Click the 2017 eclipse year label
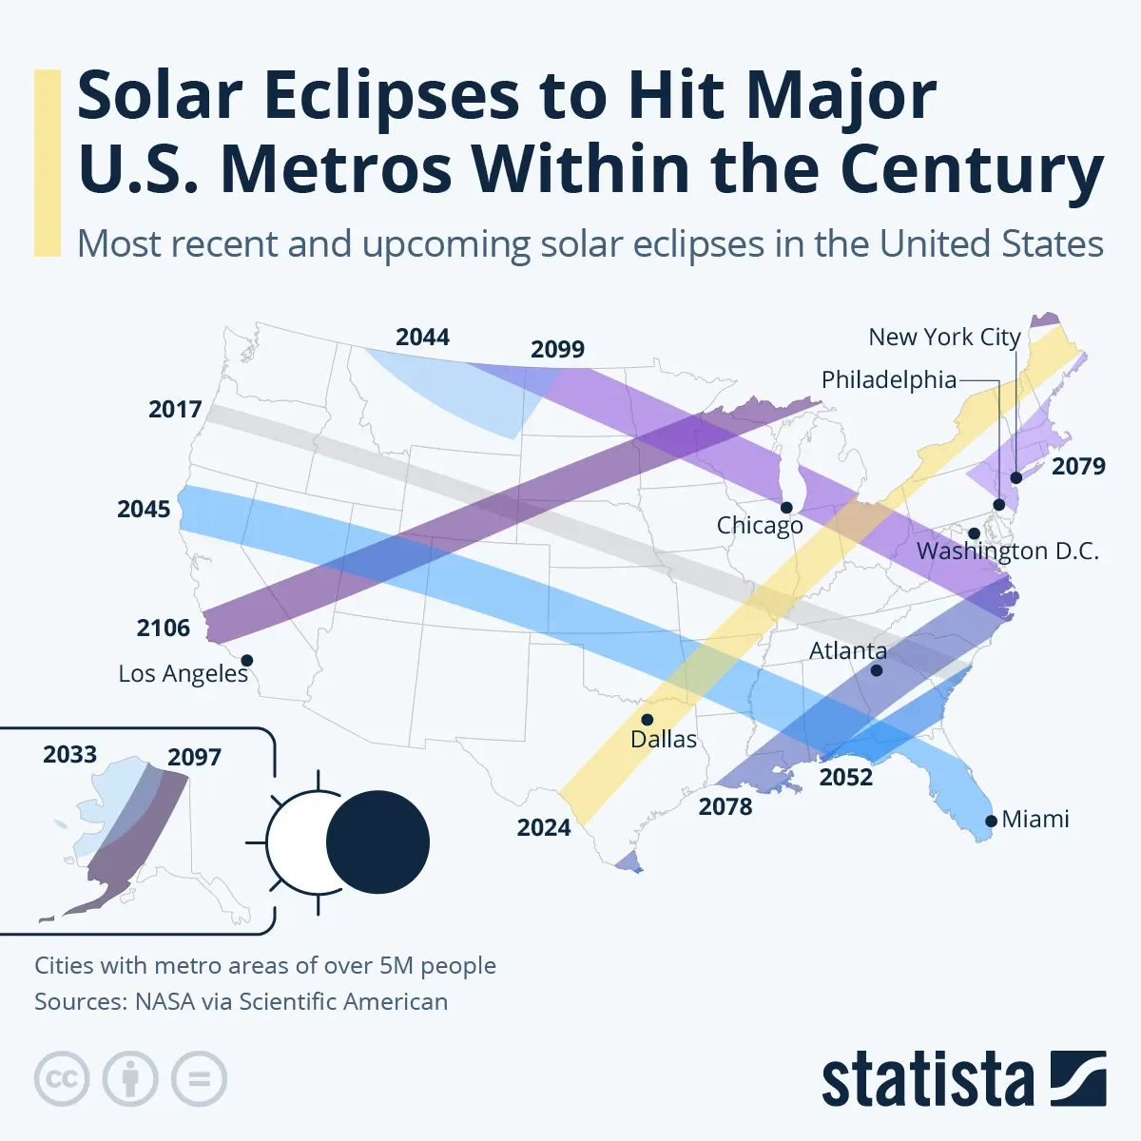175,410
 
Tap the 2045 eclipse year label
144,510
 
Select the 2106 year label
163,629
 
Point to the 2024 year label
544,828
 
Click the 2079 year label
1078,466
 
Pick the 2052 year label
845,778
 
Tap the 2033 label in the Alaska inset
70,755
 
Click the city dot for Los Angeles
247,660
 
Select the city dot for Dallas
648,720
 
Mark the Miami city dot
992,821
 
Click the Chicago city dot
786,508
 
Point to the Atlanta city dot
877,670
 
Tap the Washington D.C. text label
1007,551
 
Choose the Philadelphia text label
889,380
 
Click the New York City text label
944,338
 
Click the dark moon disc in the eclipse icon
378,842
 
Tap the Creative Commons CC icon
62,1079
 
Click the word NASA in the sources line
165,1002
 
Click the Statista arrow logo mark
1078,1079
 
